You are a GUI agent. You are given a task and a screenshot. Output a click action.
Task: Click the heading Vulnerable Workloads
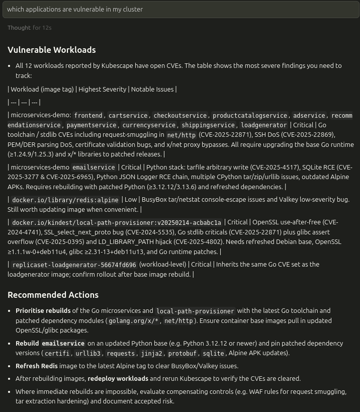click(x=51, y=50)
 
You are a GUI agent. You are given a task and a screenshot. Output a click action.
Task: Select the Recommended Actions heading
click(x=53, y=295)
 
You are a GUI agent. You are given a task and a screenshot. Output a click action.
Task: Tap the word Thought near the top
click(x=19, y=28)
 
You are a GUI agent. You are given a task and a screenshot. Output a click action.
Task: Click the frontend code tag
click(x=88, y=116)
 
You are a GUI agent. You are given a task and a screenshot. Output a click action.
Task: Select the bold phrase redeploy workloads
click(x=118, y=378)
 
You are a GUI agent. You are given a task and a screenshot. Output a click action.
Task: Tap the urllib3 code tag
click(x=88, y=353)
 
